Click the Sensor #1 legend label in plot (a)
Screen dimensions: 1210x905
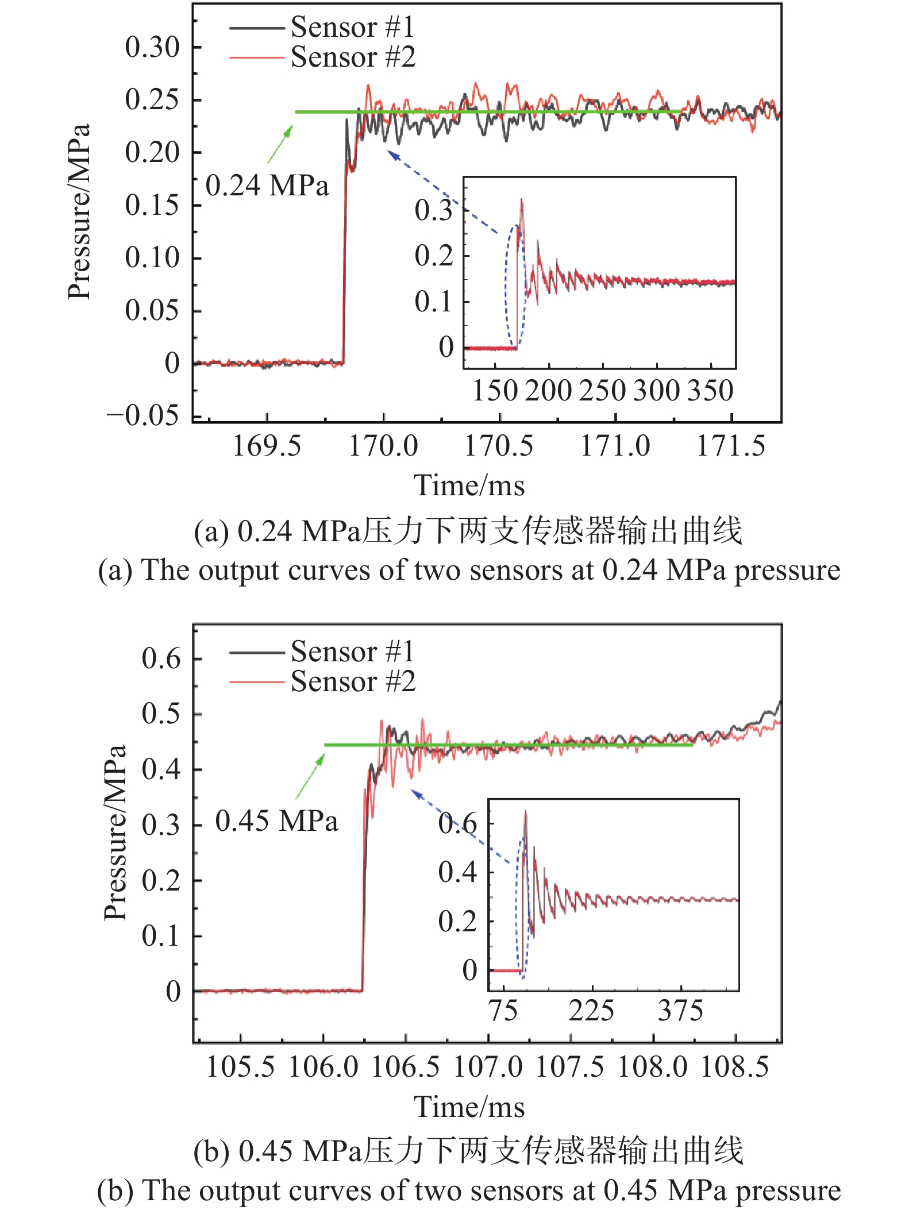pyautogui.click(x=352, y=27)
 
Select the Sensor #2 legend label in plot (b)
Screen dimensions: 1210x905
pyautogui.click(x=352, y=682)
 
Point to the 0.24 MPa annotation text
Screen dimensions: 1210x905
pyautogui.click(x=267, y=186)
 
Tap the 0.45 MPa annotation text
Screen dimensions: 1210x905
pyautogui.click(x=276, y=820)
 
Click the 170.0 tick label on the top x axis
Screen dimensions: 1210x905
pyautogui.click(x=383, y=446)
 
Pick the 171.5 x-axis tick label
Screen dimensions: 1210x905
pyautogui.click(x=731, y=446)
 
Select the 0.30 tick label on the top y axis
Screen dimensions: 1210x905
pyautogui.click(x=152, y=47)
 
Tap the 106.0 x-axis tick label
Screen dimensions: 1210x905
pyautogui.click(x=323, y=1068)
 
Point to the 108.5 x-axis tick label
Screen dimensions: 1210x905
pyautogui.click(x=735, y=1068)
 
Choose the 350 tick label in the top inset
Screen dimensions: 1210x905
pyautogui.click(x=711, y=391)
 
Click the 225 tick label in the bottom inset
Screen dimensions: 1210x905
pyautogui.click(x=591, y=1011)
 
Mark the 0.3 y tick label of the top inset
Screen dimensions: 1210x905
pyautogui.click(x=434, y=210)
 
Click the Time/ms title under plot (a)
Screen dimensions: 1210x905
pyautogui.click(x=469, y=485)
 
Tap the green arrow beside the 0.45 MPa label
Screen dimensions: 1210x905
pyautogui.click(x=311, y=776)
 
